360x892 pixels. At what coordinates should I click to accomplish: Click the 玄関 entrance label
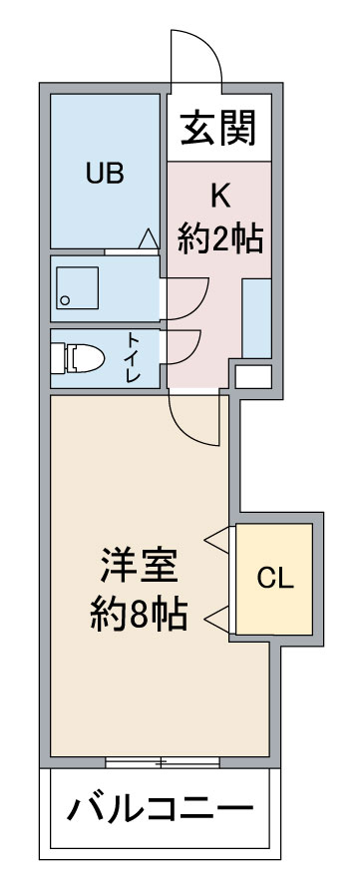point(218,128)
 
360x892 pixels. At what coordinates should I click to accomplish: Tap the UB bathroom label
point(105,173)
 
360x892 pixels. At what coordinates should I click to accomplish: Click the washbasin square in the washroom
point(78,287)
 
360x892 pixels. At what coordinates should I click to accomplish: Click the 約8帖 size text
point(140,615)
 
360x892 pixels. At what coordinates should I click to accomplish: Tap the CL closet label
point(274,579)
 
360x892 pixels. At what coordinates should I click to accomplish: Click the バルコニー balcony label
point(160,807)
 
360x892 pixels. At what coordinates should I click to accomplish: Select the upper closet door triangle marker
point(217,540)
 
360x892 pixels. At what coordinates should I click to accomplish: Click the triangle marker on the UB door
point(149,238)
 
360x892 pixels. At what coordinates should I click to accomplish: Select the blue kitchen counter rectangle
point(256,318)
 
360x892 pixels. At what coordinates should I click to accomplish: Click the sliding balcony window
point(163,763)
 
